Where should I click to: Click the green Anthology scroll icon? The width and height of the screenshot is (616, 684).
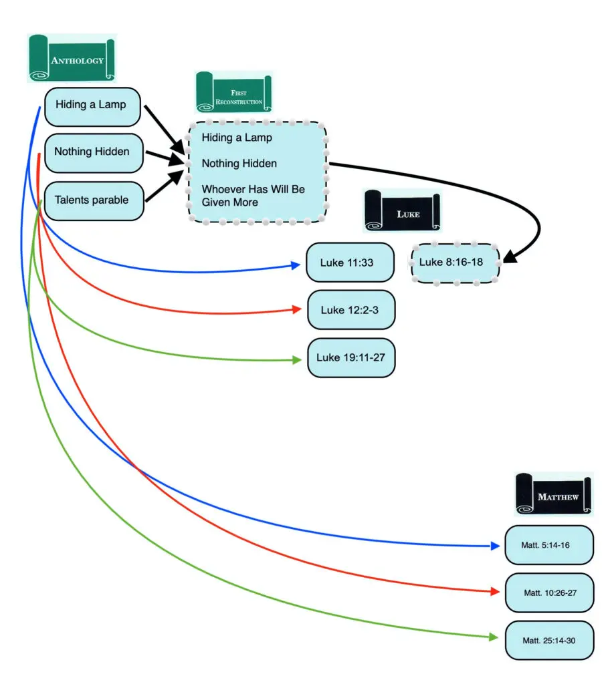(x=72, y=59)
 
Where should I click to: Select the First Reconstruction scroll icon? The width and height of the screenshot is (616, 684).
(x=233, y=93)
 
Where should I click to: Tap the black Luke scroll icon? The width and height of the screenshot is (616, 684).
(x=403, y=210)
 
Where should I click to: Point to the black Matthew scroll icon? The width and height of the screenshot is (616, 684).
(x=553, y=494)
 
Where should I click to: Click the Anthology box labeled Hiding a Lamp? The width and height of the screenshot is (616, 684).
(x=92, y=105)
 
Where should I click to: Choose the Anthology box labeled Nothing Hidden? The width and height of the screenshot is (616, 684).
(x=92, y=152)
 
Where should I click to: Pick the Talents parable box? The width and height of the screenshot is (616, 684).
(x=92, y=200)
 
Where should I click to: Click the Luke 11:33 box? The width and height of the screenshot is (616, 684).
(x=350, y=263)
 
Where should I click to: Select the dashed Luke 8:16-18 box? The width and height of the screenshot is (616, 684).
(x=455, y=263)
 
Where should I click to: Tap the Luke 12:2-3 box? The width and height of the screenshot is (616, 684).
(x=350, y=310)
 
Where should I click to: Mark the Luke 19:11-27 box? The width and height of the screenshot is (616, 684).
(x=350, y=357)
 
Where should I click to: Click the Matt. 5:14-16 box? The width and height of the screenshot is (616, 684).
(x=548, y=545)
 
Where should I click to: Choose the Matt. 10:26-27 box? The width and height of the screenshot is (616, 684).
(x=549, y=592)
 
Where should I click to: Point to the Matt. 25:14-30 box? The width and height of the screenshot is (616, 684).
(x=549, y=640)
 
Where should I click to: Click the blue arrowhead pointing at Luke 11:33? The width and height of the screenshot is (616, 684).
(x=295, y=266)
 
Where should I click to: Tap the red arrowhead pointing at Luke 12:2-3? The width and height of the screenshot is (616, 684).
(x=296, y=310)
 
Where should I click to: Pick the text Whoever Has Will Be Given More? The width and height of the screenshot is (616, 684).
(x=253, y=196)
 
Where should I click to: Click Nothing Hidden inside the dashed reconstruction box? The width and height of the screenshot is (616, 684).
(x=239, y=163)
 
